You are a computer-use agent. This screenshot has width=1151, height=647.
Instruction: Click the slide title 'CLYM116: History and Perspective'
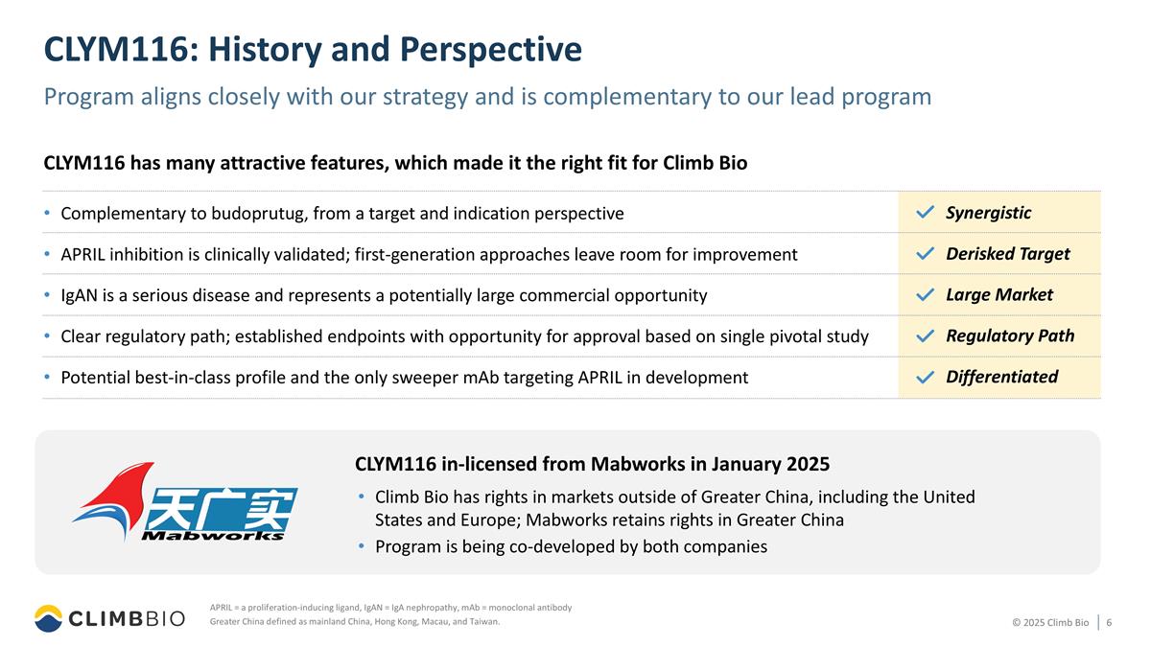(313, 50)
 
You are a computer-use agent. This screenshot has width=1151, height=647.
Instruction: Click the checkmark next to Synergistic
(925, 213)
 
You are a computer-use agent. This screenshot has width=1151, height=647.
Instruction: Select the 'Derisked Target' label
(1007, 254)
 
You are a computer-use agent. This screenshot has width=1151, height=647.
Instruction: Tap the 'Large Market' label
(998, 295)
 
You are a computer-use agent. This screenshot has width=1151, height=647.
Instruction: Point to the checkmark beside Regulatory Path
(925, 336)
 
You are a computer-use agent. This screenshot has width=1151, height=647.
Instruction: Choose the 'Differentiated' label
(1001, 377)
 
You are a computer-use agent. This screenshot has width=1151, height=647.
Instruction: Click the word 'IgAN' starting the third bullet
(80, 295)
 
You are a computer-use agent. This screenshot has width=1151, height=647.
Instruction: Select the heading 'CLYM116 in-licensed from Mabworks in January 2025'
(592, 465)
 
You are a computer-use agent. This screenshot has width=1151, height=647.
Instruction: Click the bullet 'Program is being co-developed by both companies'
(571, 546)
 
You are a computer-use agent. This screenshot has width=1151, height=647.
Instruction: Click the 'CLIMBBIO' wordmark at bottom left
(127, 620)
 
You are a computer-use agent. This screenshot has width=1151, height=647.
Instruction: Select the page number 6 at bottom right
(1109, 623)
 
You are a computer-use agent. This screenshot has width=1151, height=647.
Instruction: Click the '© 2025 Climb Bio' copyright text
(1050, 623)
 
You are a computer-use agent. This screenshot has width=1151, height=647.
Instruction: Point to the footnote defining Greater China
(354, 622)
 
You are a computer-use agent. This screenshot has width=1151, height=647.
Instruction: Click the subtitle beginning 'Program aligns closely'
(487, 97)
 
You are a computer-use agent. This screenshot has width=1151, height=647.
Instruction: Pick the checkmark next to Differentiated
(925, 378)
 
